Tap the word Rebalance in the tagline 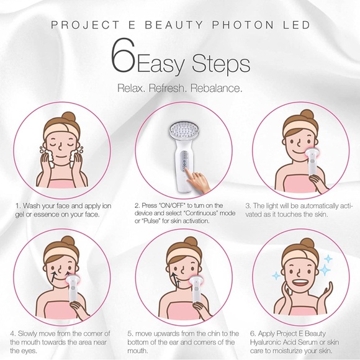point(217,88)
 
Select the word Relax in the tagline point(131,88)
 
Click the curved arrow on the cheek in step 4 point(59,271)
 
